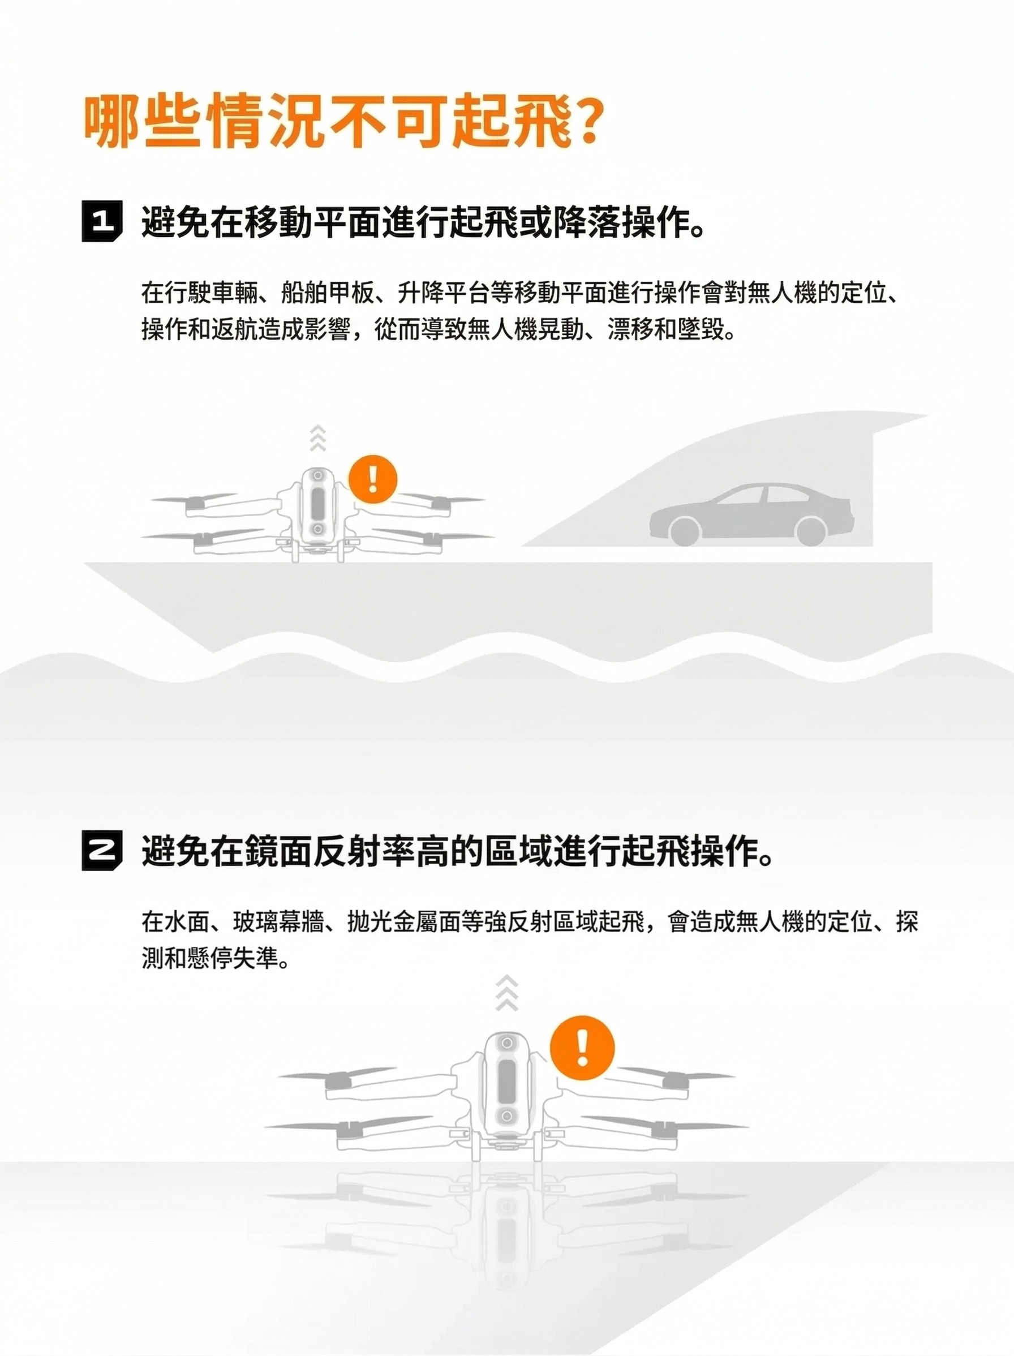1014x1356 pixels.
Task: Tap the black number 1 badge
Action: pyautogui.click(x=102, y=221)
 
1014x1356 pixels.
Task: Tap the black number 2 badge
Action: pyautogui.click(x=102, y=851)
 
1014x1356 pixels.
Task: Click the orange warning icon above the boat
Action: pyautogui.click(x=373, y=479)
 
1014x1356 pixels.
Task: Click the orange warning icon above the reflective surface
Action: pyautogui.click(x=582, y=1046)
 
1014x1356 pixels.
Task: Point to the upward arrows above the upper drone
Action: pyautogui.click(x=317, y=437)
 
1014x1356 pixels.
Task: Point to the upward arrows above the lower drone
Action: pyautogui.click(x=507, y=993)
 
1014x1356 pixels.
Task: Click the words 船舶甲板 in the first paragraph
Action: pyautogui.click(x=328, y=293)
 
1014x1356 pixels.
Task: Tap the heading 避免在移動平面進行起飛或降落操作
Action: pyautogui.click(x=423, y=222)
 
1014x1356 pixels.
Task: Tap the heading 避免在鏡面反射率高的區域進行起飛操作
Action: pyautogui.click(x=457, y=852)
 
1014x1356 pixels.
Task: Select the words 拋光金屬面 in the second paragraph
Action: pyautogui.click(x=404, y=922)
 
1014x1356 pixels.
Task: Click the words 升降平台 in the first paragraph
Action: pyautogui.click(x=444, y=293)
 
